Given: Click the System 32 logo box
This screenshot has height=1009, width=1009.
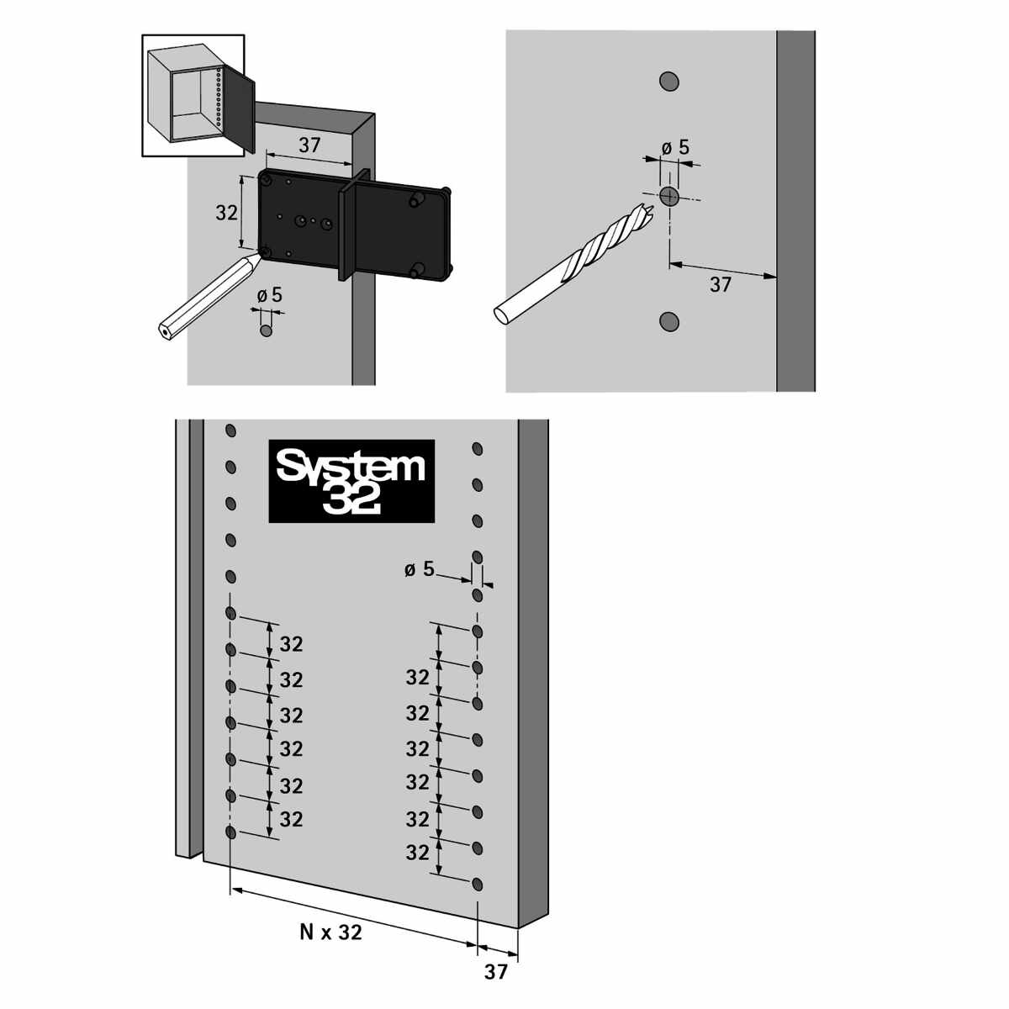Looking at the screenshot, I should point(351,481).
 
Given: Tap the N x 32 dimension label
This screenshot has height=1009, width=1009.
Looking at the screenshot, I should point(330,932).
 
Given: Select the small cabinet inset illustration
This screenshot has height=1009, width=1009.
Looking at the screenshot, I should point(193,95).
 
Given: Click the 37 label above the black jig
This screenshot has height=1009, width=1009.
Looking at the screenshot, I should point(309,145).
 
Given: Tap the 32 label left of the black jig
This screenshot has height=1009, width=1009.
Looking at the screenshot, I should point(226,213).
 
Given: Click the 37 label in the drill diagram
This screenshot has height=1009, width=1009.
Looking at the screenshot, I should point(721,284).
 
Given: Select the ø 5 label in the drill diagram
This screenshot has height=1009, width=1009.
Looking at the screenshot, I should point(674,147).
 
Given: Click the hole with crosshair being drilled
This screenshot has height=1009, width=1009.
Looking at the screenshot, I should point(669,197).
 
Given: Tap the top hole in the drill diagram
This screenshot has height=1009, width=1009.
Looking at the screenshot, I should point(669,81).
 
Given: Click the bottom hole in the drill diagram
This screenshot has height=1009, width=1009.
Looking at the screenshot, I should point(669,320).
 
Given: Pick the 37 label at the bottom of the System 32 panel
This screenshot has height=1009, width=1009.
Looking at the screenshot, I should point(496,971).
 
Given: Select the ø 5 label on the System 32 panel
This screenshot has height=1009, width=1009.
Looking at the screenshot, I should point(420,569).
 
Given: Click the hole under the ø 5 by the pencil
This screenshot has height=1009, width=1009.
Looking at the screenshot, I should point(267,330).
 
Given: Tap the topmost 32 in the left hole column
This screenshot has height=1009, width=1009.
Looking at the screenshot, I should point(291,645).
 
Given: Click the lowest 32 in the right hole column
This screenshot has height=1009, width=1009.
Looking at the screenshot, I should point(417,852).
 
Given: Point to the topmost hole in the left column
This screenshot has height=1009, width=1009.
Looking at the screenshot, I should point(230,431).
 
